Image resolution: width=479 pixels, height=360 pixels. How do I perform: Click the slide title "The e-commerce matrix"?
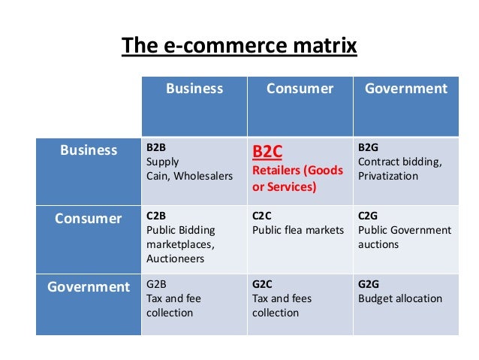tap(239, 47)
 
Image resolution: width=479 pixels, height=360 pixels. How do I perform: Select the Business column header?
tap(194, 89)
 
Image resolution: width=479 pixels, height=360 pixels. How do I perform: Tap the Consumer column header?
tap(300, 89)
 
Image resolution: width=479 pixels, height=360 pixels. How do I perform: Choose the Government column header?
tap(405, 89)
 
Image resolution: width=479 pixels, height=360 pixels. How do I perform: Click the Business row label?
tap(89, 150)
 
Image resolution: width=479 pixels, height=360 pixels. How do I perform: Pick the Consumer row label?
tap(88, 219)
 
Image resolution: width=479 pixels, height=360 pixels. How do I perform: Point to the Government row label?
tap(88, 286)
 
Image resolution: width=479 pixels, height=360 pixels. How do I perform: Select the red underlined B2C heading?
tap(267, 153)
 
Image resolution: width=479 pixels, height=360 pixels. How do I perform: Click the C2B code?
tap(156, 217)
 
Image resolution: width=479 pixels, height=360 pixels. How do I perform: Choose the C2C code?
tap(262, 217)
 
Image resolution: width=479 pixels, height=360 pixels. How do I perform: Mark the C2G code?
tap(369, 217)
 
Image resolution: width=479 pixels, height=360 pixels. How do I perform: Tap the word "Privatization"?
tap(389, 176)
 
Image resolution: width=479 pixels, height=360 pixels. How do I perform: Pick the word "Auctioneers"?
tap(175, 259)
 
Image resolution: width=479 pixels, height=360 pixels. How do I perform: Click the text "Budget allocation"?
tap(400, 299)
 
